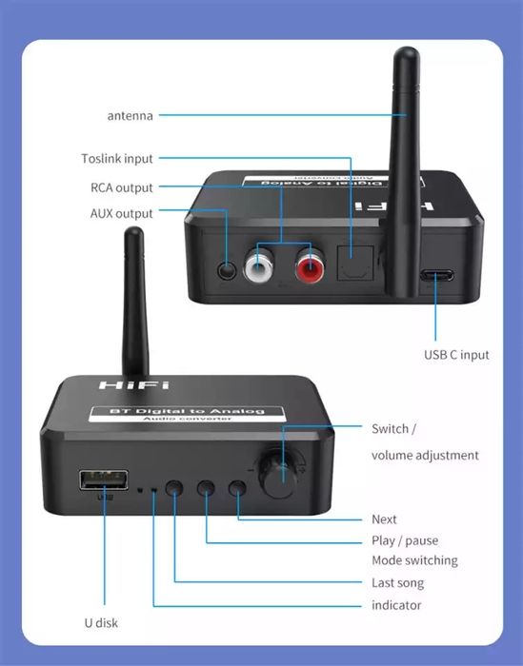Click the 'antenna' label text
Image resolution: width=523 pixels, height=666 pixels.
130,115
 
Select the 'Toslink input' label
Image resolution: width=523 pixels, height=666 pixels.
116,159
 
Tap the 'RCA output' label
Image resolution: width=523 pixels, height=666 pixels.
121,187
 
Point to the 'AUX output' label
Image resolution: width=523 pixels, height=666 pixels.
121,214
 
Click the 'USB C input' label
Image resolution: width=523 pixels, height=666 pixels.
456,355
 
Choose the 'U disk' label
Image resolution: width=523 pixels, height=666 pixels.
100,623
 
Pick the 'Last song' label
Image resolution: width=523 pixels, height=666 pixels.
397,582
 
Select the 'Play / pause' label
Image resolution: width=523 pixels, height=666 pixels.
405,540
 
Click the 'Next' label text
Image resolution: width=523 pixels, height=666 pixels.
384,519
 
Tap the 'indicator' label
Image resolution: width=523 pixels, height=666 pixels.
396,605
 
